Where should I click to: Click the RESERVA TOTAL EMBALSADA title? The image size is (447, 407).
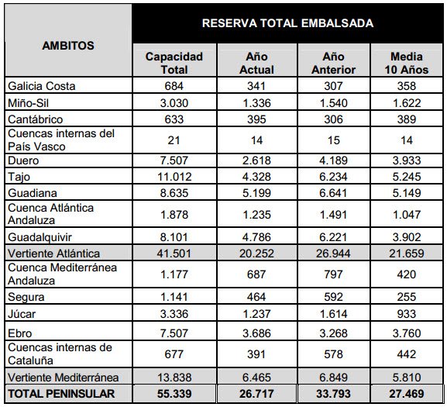287,23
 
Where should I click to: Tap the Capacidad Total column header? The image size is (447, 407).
174,63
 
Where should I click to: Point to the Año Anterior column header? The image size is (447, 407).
334,63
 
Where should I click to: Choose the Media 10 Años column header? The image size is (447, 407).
407,63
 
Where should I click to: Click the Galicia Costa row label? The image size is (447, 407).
42,86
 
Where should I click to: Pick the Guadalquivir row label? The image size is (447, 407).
40,237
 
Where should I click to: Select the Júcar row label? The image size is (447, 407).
22,314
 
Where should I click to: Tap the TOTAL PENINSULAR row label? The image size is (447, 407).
61,394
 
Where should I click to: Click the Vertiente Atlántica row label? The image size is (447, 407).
54,254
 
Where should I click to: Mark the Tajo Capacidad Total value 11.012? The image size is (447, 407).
174,177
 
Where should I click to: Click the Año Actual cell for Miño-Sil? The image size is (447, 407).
256,103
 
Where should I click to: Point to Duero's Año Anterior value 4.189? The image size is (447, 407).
333,160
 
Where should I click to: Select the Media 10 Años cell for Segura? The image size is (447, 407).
407,297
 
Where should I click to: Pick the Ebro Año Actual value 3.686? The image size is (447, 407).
256,333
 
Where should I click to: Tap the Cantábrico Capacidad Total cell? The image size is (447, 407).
174,119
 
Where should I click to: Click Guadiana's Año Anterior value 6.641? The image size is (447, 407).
333,193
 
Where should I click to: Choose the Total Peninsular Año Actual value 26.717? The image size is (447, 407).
256,394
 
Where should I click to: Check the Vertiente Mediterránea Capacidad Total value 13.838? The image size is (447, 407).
174,378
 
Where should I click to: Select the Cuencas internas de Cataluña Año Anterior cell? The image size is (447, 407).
333,354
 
